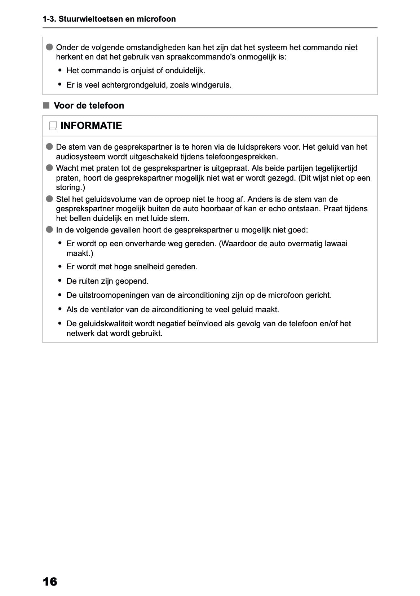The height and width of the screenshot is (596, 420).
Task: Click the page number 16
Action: point(50,582)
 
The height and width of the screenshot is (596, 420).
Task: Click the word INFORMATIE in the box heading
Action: point(91,126)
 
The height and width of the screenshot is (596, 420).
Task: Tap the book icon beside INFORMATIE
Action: point(53,126)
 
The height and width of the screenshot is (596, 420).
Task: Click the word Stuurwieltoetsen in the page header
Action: point(90,19)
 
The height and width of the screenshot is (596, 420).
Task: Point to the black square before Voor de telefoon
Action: point(46,105)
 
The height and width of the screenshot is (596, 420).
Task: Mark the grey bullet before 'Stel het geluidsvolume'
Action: point(49,199)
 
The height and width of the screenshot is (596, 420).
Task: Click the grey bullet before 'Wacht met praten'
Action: point(49,168)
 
